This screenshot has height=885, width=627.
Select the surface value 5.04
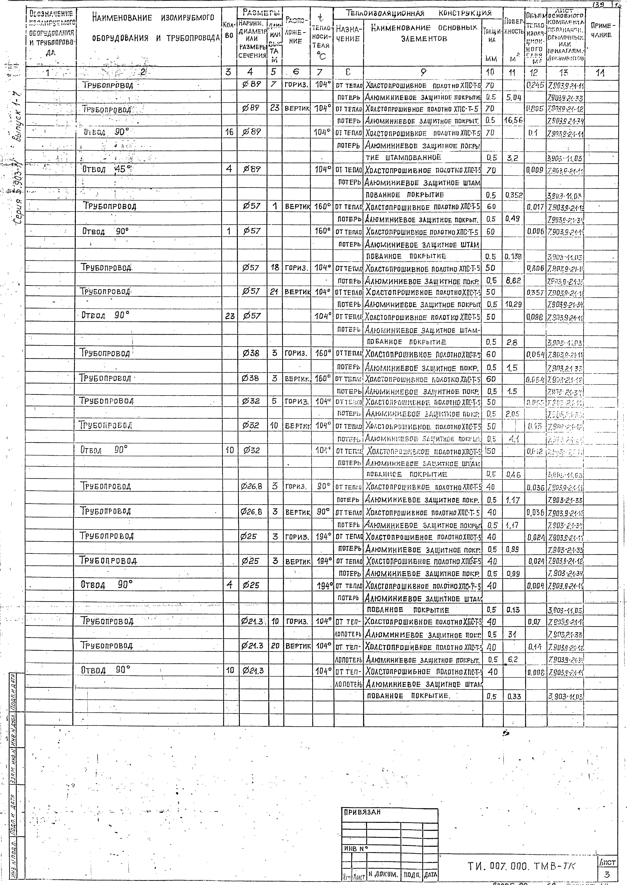click(x=513, y=98)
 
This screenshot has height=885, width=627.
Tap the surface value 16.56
click(x=513, y=120)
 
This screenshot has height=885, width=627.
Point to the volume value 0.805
click(x=535, y=109)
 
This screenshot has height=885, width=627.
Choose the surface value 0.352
click(x=513, y=195)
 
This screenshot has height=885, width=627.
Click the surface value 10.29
click(x=513, y=304)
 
